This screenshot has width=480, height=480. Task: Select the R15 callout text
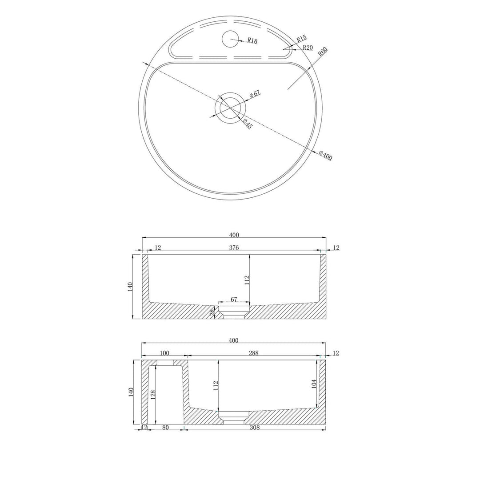(x=301, y=39)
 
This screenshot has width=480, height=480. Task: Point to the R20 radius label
(x=308, y=48)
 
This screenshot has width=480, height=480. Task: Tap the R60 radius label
(x=323, y=51)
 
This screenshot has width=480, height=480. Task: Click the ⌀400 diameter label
(x=325, y=156)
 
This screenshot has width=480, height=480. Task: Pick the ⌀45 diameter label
(x=248, y=124)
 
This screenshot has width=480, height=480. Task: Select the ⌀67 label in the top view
(x=255, y=93)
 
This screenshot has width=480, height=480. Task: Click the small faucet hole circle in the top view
(x=229, y=39)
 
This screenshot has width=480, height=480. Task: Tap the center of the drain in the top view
(x=230, y=108)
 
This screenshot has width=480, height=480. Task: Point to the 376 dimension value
(x=234, y=248)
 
